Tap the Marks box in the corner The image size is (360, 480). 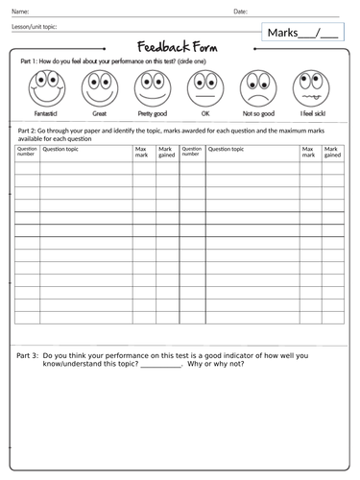[x=302, y=34]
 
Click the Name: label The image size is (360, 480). [x=19, y=12]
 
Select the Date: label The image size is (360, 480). [x=241, y=12]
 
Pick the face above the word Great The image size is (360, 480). [x=99, y=89]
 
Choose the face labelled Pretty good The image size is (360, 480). [x=151, y=89]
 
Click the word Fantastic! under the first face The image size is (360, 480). [x=46, y=113]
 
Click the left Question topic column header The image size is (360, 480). [x=60, y=150]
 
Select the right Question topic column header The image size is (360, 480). [x=227, y=150]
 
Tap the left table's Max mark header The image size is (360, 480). [x=142, y=153]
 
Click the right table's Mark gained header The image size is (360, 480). [x=332, y=153]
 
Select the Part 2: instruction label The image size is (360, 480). [x=32, y=130]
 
